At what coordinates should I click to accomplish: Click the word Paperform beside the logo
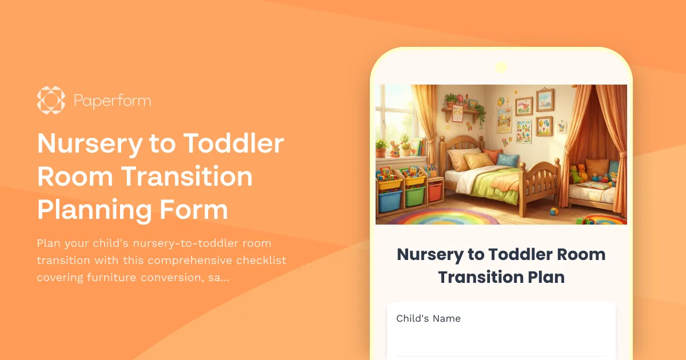[x=113, y=101]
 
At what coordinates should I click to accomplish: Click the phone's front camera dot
[x=501, y=67]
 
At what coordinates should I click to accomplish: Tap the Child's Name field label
[x=428, y=318]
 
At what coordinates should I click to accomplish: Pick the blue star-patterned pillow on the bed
[x=507, y=159]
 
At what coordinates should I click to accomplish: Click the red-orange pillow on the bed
[x=492, y=155]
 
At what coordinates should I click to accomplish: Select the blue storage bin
[x=389, y=201]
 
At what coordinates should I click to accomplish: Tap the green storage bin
[x=414, y=197]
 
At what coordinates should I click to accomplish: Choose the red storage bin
[x=436, y=191]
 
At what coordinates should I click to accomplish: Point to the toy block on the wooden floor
[x=553, y=211]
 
